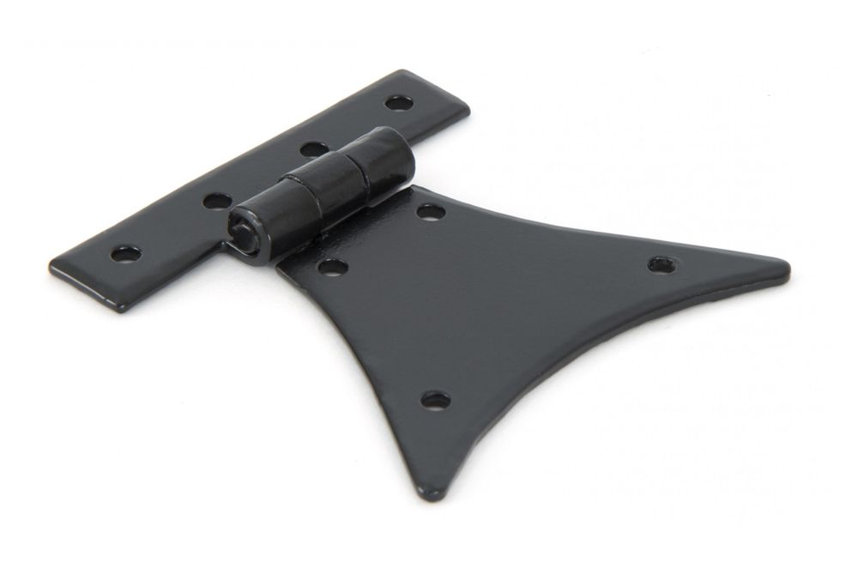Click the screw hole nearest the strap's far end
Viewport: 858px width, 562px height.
tap(398, 103)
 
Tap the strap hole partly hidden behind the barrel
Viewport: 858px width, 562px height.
tap(314, 149)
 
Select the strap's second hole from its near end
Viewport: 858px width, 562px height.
tap(217, 201)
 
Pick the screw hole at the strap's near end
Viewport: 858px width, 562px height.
tap(125, 254)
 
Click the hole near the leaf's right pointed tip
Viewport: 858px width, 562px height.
tap(661, 264)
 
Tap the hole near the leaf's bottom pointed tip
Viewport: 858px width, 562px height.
tap(435, 400)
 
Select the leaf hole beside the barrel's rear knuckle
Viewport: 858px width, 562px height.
tap(431, 211)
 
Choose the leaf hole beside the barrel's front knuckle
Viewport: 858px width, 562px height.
tap(333, 267)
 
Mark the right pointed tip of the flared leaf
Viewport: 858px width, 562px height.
tap(786, 270)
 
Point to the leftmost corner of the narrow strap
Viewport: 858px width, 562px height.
tap(51, 265)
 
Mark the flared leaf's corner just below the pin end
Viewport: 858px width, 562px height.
tap(280, 267)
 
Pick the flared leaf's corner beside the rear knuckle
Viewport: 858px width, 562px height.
tap(415, 189)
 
